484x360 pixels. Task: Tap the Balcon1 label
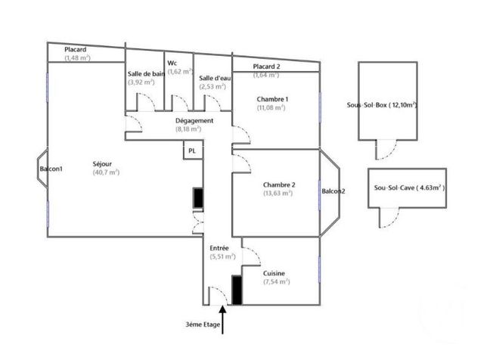click(51, 169)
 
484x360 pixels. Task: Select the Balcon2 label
click(333, 191)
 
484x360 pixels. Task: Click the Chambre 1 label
click(272, 99)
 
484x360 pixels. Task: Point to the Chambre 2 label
click(279, 185)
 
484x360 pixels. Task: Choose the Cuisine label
click(274, 273)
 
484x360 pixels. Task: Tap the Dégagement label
click(194, 120)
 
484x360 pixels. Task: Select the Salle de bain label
click(146, 73)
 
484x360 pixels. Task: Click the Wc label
click(173, 62)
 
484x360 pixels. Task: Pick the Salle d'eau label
click(214, 78)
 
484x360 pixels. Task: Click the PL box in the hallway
click(192, 151)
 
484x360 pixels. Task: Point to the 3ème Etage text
click(205, 325)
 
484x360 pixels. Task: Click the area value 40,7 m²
click(106, 172)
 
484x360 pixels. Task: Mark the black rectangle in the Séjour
click(198, 198)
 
